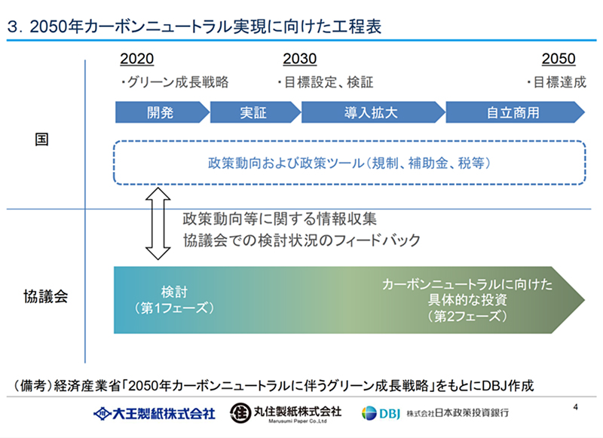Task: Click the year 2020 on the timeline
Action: [137, 59]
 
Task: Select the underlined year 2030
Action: [300, 59]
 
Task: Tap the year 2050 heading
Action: [559, 59]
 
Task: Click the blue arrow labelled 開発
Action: [162, 112]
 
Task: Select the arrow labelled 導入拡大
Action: [373, 112]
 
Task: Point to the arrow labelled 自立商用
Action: [516, 112]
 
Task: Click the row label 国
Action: [41, 139]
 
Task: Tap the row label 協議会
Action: [45, 296]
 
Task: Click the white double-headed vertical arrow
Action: [158, 223]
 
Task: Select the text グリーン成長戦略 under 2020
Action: [178, 82]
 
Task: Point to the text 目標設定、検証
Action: [329, 82]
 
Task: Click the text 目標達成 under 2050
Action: [560, 82]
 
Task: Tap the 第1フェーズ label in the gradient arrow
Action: [174, 308]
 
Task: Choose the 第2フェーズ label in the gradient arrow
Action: [467, 316]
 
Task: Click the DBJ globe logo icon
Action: [369, 413]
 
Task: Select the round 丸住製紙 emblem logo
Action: [240, 413]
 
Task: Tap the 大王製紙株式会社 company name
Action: [164, 414]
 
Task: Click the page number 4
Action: [575, 407]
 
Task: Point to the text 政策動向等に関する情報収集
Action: [280, 219]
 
